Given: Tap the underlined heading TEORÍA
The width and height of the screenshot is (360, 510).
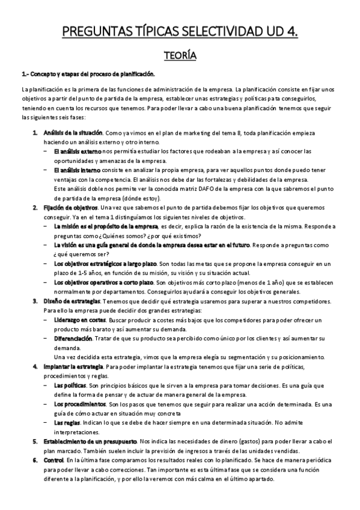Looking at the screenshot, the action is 180,56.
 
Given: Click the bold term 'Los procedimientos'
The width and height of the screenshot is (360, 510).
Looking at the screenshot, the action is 78,405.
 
